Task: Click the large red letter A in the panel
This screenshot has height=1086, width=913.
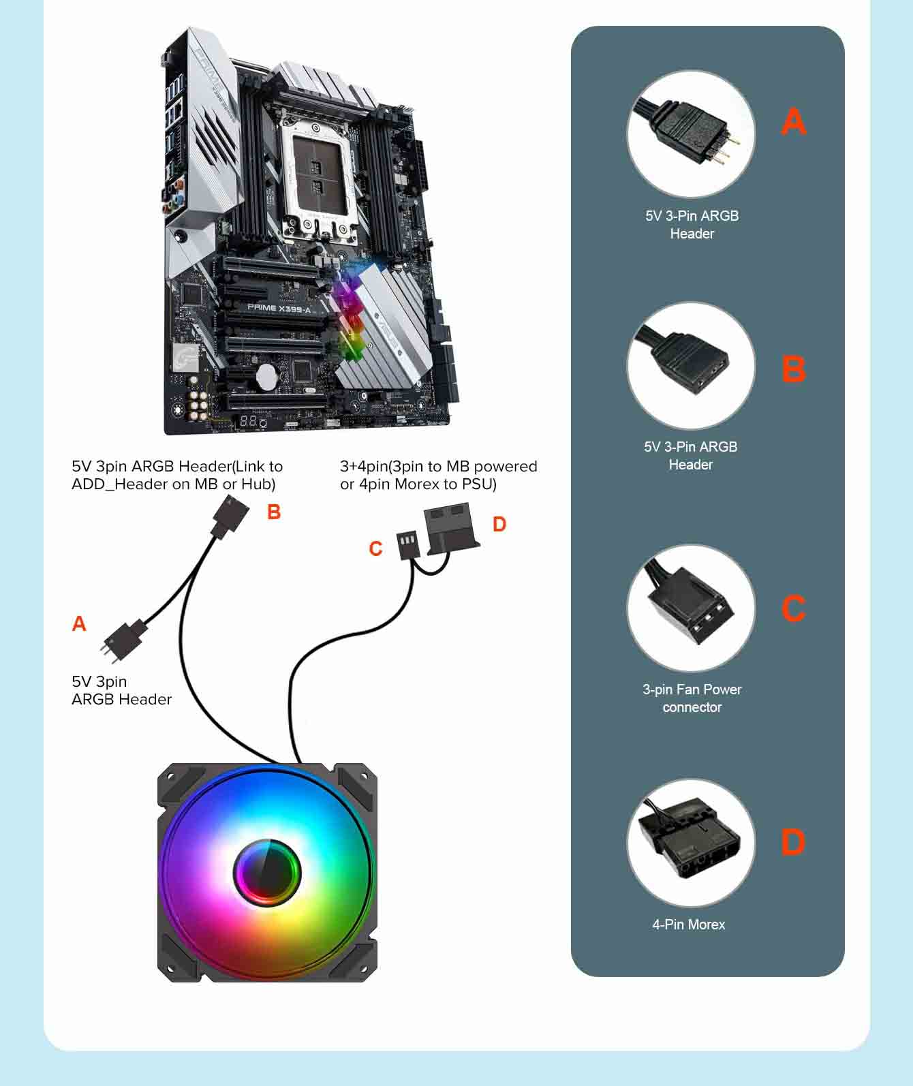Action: click(x=794, y=122)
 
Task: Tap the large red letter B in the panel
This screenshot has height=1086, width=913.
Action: click(x=794, y=369)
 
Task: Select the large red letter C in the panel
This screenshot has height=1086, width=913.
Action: click(x=794, y=608)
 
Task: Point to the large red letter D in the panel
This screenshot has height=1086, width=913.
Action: click(x=794, y=842)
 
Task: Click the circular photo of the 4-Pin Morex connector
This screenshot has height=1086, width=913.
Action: click(x=690, y=843)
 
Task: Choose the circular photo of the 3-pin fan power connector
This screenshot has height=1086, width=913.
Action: click(x=690, y=608)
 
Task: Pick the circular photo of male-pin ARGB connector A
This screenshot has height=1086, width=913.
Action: click(x=690, y=134)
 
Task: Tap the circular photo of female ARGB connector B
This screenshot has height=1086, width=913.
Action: click(x=690, y=366)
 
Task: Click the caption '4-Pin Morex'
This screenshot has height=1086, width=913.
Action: click(x=689, y=925)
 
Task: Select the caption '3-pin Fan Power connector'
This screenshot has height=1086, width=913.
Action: click(x=692, y=698)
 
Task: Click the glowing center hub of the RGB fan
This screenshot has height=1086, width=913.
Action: click(x=267, y=872)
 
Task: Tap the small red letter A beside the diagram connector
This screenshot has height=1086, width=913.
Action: click(x=79, y=623)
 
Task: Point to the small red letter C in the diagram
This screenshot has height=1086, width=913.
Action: click(x=375, y=548)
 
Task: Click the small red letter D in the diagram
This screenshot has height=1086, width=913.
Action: click(x=499, y=524)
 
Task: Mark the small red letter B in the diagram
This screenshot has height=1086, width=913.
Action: click(x=274, y=512)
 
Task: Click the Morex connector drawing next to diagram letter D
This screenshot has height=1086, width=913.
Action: click(x=450, y=527)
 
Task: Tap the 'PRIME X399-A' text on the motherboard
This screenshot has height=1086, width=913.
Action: click(x=279, y=308)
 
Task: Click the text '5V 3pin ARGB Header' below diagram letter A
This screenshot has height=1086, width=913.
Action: click(x=121, y=690)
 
